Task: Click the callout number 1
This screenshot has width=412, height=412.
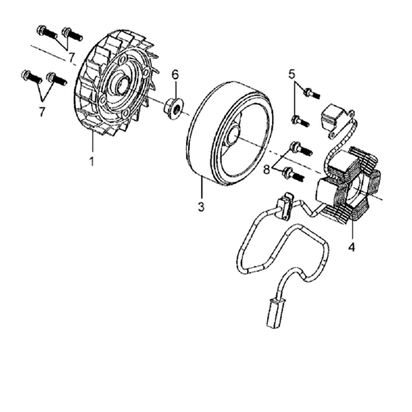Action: coord(92,161)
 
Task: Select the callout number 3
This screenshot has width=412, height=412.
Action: coord(201,207)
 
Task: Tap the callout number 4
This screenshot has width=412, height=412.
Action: coord(352,247)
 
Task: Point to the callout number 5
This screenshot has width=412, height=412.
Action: coord(293,74)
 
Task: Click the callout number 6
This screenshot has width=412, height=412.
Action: coord(175,75)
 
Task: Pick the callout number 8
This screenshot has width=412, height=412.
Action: coord(266,170)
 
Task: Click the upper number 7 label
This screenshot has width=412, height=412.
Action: coord(72,57)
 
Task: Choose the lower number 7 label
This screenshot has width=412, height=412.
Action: coord(42,111)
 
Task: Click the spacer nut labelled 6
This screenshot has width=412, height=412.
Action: coord(174,108)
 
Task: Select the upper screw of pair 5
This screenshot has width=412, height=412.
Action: coord(311,93)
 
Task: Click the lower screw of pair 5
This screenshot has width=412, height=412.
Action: coord(300,121)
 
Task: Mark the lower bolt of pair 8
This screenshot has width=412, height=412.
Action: coord(293,174)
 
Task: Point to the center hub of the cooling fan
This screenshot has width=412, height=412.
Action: coord(123,83)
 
